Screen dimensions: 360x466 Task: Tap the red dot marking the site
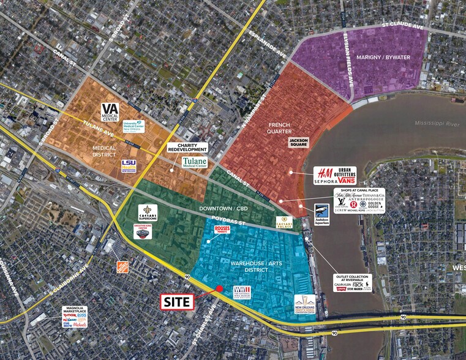219,289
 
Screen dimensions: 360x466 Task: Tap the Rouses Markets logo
222,230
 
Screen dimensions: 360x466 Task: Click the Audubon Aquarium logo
322,215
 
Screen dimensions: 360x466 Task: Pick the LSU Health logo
129,166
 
